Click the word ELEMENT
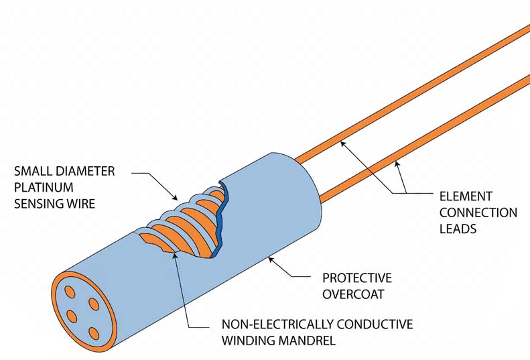click(466, 196)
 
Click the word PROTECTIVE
click(357, 278)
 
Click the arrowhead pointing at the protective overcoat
click(271, 258)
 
